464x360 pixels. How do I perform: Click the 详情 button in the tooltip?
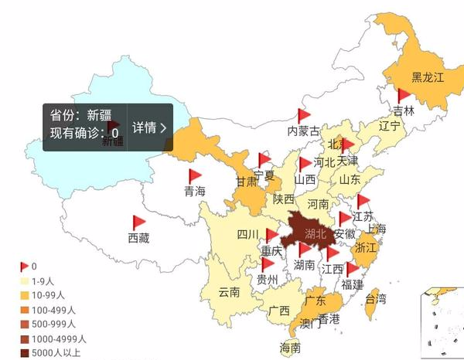(149, 127)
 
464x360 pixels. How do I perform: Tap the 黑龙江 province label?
(428, 77)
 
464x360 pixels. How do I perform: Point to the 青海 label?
(194, 192)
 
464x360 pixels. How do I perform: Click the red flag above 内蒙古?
(302, 116)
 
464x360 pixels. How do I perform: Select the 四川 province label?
(247, 235)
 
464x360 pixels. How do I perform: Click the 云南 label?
(229, 292)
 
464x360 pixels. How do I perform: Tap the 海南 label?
(290, 348)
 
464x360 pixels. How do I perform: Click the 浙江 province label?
(365, 249)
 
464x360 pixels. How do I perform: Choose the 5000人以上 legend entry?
(55, 353)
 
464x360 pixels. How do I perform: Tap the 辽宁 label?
(390, 125)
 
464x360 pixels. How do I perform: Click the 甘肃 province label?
(247, 182)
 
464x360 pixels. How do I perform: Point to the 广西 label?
(279, 311)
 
